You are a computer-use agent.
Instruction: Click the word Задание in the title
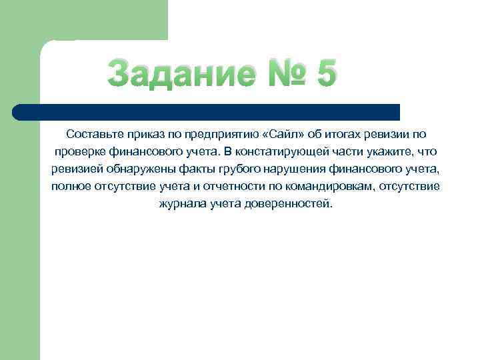click(x=180, y=73)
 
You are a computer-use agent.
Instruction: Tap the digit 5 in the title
click(x=327, y=73)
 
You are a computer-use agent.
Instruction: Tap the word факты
click(x=194, y=169)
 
